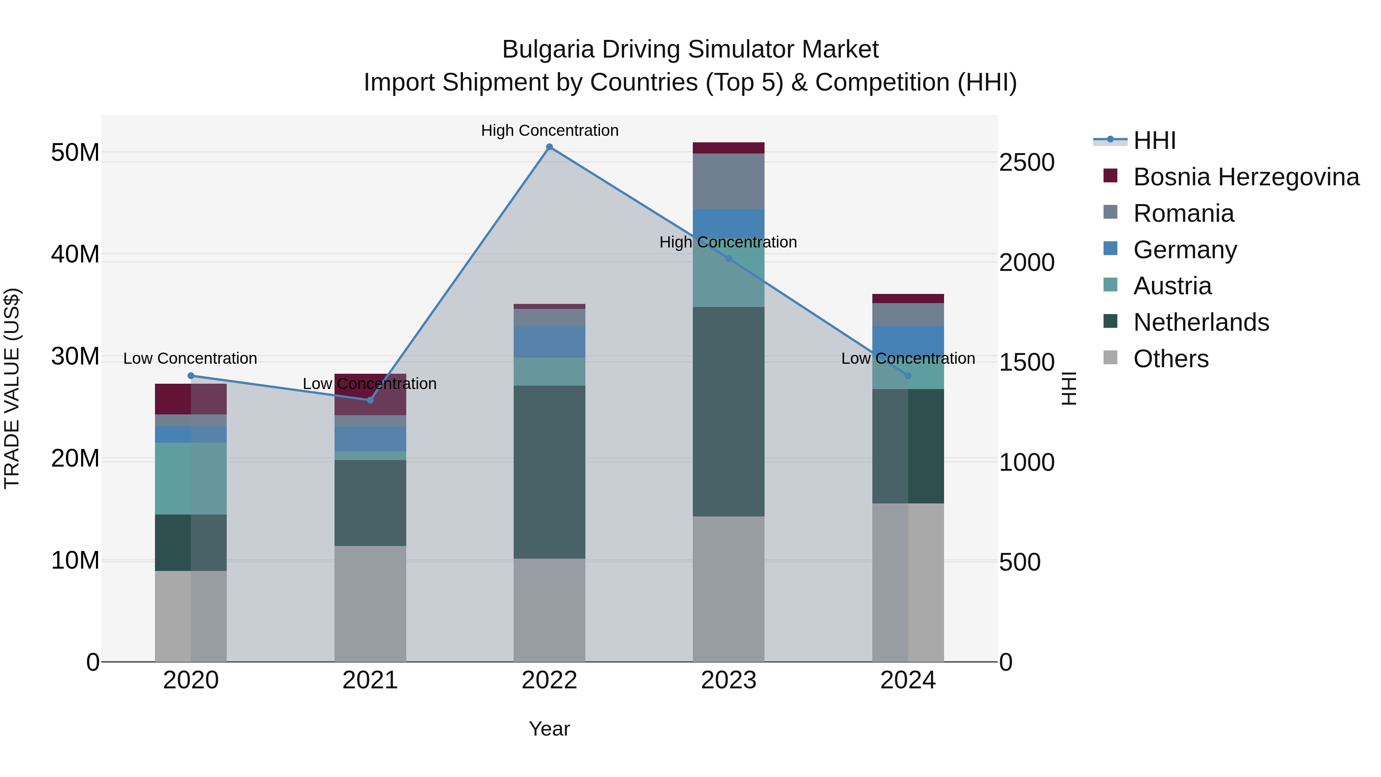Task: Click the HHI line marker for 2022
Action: [x=549, y=147]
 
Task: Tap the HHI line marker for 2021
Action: [x=370, y=400]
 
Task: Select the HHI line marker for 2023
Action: [x=728, y=259]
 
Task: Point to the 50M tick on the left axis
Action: [x=75, y=153]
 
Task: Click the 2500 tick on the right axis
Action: [x=1027, y=162]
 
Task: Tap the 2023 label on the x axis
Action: [x=728, y=680]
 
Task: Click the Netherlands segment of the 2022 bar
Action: [x=549, y=472]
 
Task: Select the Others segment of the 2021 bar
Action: [x=370, y=603]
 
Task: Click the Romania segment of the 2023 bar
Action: [x=728, y=181]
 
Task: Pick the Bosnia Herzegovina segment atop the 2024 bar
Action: [x=908, y=299]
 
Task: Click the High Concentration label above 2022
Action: [x=549, y=130]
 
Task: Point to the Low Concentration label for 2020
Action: [x=190, y=358]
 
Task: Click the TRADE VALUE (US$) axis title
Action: [x=12, y=388]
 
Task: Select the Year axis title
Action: [x=549, y=729]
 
